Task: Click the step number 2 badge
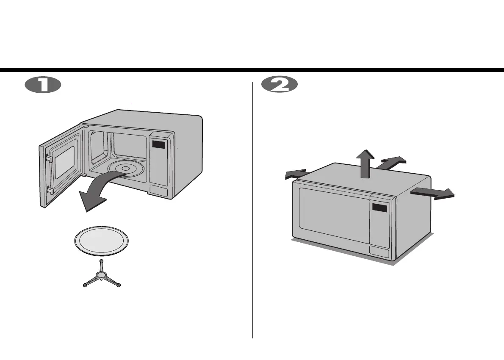[x=280, y=85]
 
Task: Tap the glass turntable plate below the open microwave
[x=101, y=242]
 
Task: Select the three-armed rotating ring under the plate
[x=102, y=277]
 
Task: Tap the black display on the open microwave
[x=159, y=145]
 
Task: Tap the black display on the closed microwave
[x=380, y=208]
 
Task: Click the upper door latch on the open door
[x=49, y=158]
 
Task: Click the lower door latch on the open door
[x=50, y=191]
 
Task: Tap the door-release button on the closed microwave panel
[x=379, y=252]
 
